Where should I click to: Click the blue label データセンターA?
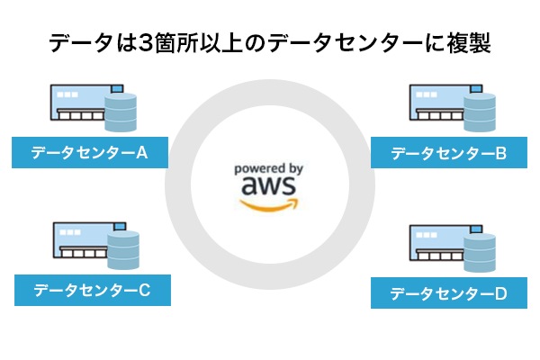click(x=90, y=153)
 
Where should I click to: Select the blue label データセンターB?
click(x=449, y=154)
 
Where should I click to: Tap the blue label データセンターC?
click(x=92, y=290)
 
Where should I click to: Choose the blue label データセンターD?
click(x=449, y=294)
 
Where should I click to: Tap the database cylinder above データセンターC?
click(x=123, y=250)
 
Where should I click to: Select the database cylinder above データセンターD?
click(x=480, y=253)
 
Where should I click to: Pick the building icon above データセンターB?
click(x=436, y=106)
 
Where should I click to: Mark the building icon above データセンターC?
click(x=78, y=244)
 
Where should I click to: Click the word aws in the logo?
click(x=268, y=185)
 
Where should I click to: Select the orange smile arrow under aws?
click(x=270, y=205)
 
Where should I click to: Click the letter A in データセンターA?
click(x=141, y=153)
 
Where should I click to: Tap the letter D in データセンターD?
click(x=501, y=294)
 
